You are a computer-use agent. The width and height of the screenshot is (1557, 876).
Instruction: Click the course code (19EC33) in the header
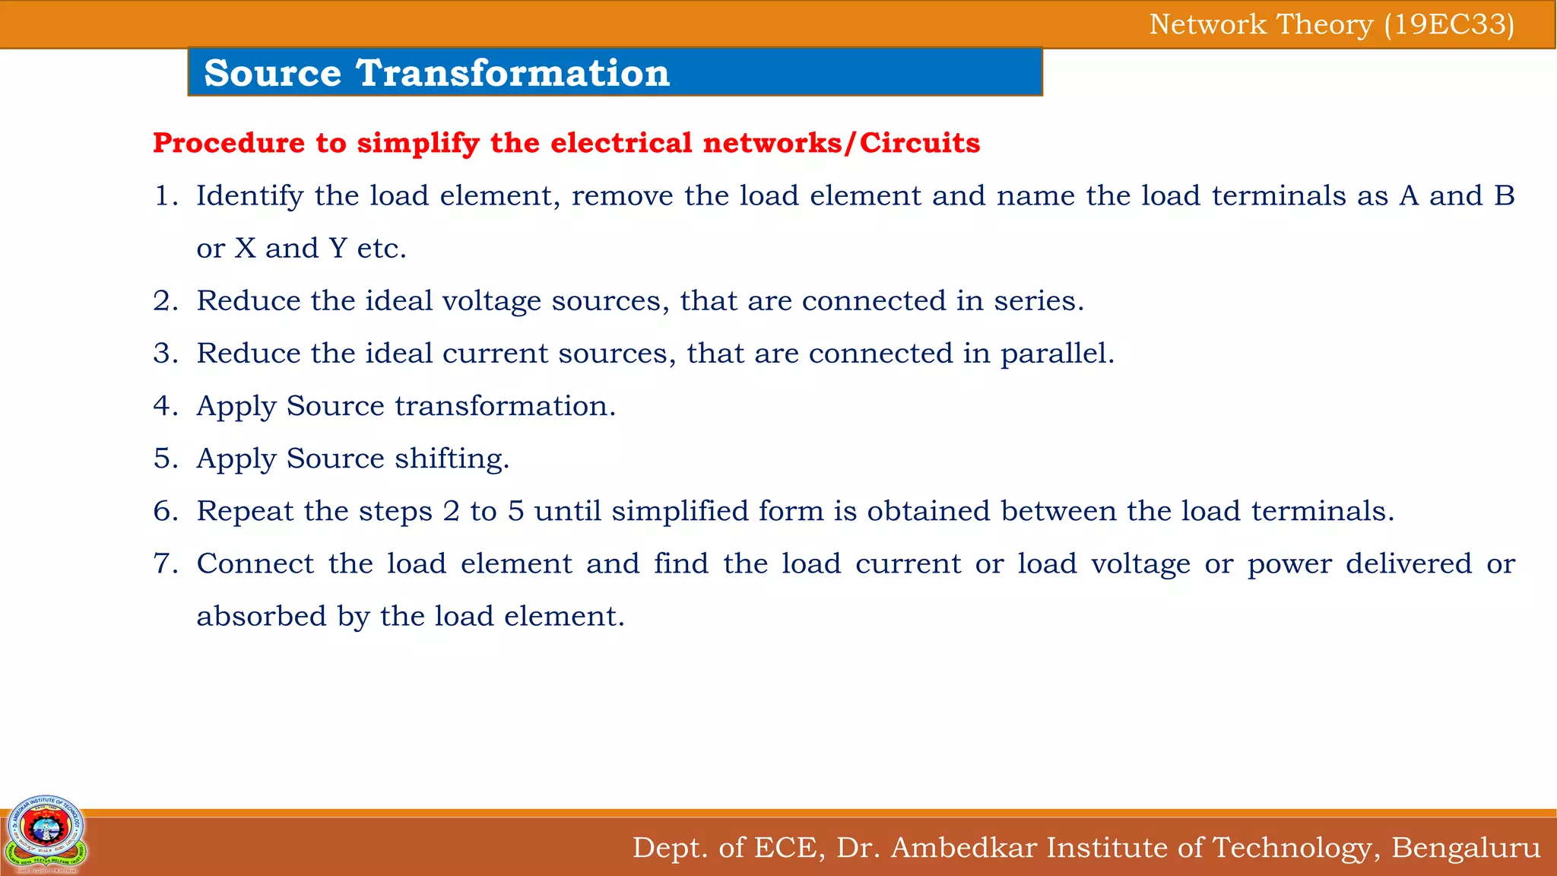pos(1449,25)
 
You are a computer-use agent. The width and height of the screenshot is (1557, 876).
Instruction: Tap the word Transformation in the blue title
pos(512,74)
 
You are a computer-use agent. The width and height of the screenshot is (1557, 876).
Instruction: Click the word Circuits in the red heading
pos(920,143)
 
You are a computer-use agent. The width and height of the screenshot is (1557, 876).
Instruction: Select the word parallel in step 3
pos(1056,354)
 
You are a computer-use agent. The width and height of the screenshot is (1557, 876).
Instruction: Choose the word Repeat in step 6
pos(245,511)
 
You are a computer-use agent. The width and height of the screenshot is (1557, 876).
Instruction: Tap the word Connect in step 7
pos(255,563)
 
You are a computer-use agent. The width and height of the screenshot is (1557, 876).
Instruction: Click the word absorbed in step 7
pos(262,616)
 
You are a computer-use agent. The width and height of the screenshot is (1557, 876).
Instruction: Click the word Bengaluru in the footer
pos(1465,847)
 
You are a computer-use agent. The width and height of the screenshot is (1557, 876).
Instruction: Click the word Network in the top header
pos(1207,25)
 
